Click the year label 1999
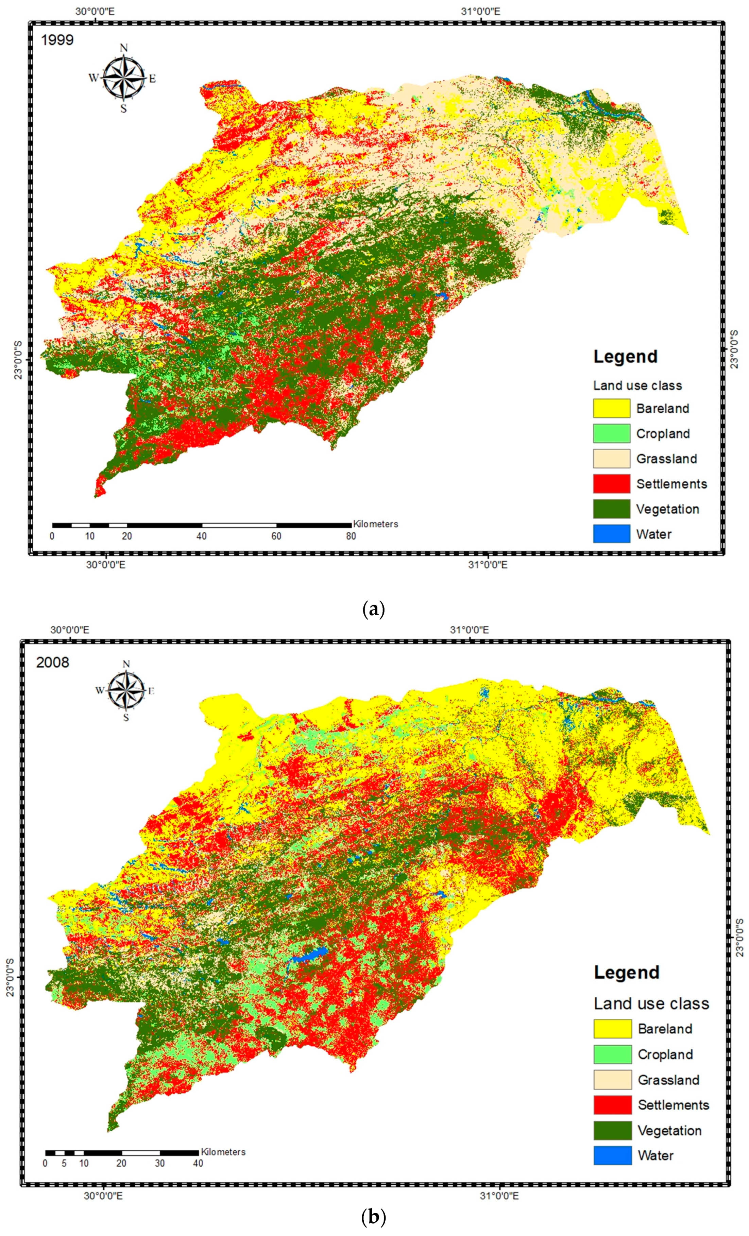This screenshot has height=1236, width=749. [x=57, y=40]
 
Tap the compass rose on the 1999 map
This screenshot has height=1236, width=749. [x=123, y=78]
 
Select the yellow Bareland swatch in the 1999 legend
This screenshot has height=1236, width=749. [x=611, y=408]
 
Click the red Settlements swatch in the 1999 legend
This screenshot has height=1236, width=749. [x=611, y=484]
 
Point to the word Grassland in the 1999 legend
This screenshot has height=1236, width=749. [x=666, y=459]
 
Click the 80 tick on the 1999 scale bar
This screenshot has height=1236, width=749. [x=351, y=536]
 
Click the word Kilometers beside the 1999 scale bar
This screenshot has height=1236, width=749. [x=375, y=524]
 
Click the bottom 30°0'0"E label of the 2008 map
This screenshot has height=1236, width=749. [x=103, y=1195]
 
